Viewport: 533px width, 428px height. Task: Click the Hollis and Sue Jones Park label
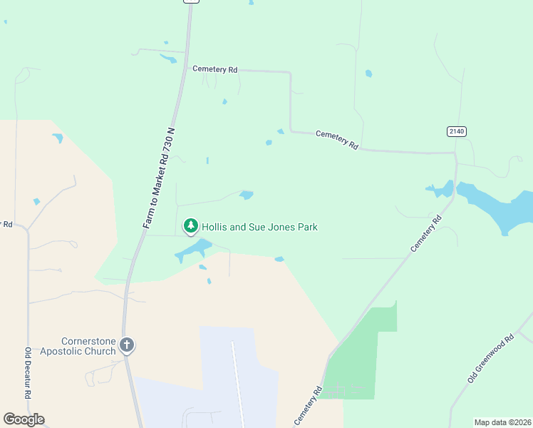coord(259,227)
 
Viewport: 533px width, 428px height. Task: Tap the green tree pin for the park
coord(190,226)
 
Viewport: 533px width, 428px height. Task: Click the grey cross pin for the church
coord(127,345)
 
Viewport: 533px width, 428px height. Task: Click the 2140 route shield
coord(456,131)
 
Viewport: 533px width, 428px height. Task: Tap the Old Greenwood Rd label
coord(490,360)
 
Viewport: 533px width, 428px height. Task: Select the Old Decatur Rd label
coord(29,373)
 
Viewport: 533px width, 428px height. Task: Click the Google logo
coord(24,419)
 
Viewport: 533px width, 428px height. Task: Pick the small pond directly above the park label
coord(247,195)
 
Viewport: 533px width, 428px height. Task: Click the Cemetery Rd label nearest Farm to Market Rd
coord(214,69)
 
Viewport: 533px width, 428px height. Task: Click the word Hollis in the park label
coord(214,227)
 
